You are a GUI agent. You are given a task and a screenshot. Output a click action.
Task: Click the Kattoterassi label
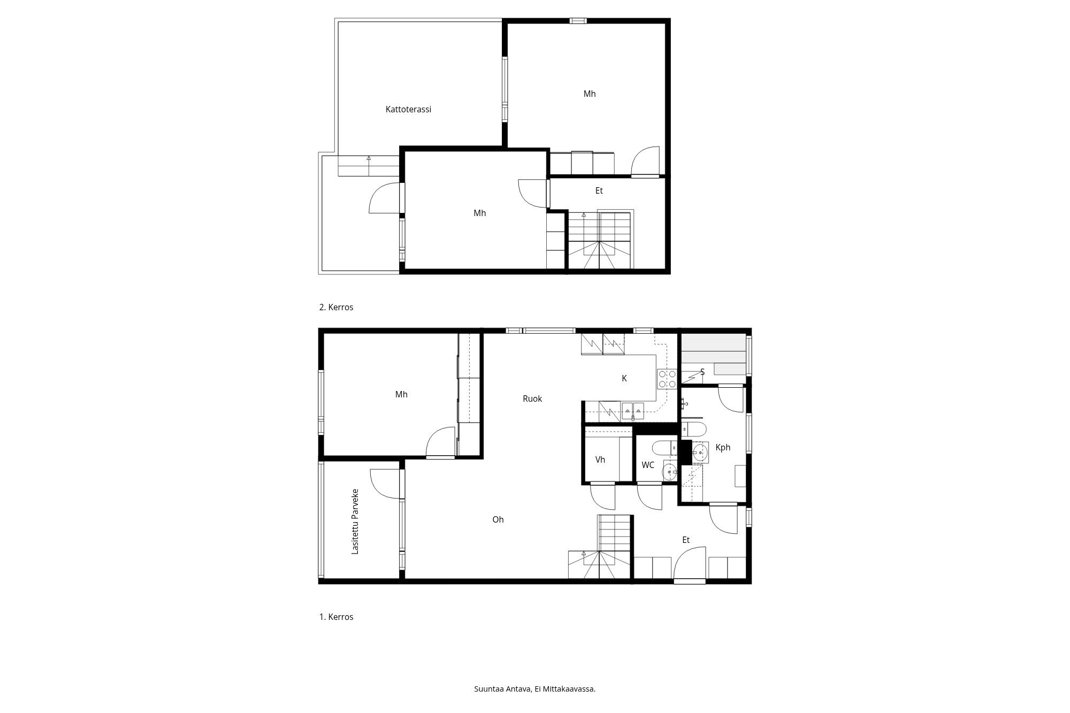point(408,109)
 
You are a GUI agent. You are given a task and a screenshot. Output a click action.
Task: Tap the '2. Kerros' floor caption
point(336,308)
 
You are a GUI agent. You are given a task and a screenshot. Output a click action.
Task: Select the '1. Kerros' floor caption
point(336,617)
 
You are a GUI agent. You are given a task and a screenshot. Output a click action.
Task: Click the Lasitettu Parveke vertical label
point(355,522)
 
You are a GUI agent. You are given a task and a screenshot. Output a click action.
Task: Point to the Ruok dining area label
point(532,398)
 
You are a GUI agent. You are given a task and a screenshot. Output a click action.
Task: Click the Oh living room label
point(498,519)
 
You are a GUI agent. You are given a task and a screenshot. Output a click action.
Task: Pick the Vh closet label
point(600,459)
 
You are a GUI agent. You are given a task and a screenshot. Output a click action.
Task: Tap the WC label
point(648,465)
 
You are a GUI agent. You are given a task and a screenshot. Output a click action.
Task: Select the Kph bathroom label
point(723,447)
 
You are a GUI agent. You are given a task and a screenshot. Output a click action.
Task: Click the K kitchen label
point(624,378)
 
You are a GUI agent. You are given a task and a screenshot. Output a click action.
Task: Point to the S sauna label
point(702,372)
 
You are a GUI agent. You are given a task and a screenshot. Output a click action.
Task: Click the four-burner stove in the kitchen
point(666,379)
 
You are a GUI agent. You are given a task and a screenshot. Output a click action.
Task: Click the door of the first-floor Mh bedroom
point(440,443)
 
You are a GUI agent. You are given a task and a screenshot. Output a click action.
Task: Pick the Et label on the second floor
point(599,190)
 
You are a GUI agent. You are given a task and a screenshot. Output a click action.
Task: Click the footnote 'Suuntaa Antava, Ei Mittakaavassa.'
point(534,689)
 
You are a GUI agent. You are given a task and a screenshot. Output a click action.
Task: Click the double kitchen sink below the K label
point(633,412)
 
